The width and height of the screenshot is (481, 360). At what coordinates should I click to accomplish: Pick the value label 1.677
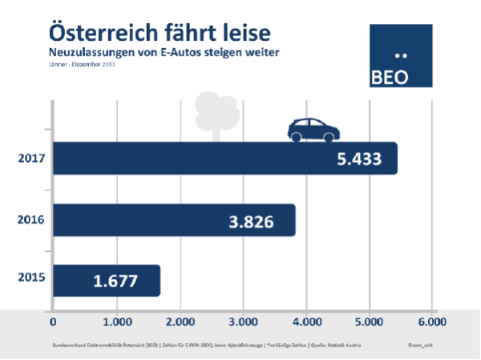click(114, 281)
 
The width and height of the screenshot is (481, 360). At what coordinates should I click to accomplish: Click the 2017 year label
click(30, 159)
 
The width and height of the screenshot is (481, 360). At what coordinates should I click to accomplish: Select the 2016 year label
click(30, 220)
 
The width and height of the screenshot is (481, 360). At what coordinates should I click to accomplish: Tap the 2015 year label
click(30, 281)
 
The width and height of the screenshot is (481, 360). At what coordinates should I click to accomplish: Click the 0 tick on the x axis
click(53, 322)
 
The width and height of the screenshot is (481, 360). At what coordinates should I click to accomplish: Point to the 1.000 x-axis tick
click(116, 322)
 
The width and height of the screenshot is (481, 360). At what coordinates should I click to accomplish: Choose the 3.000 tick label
click(242, 322)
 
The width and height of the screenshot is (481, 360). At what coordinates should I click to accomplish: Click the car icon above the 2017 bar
click(313, 128)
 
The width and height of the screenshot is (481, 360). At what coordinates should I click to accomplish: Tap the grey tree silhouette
click(212, 111)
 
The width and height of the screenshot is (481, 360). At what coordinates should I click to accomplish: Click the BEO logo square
click(401, 55)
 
